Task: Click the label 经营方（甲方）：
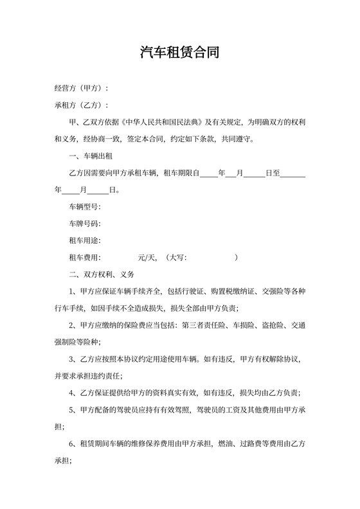[81, 88]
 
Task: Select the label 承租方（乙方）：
[81, 105]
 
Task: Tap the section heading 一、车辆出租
[93, 156]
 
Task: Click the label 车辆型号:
[85, 206]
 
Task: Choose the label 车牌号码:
[85, 224]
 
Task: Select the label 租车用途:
[85, 240]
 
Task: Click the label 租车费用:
[85, 257]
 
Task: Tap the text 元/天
[147, 257]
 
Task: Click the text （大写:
[176, 257]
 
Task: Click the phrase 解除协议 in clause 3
[285, 359]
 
